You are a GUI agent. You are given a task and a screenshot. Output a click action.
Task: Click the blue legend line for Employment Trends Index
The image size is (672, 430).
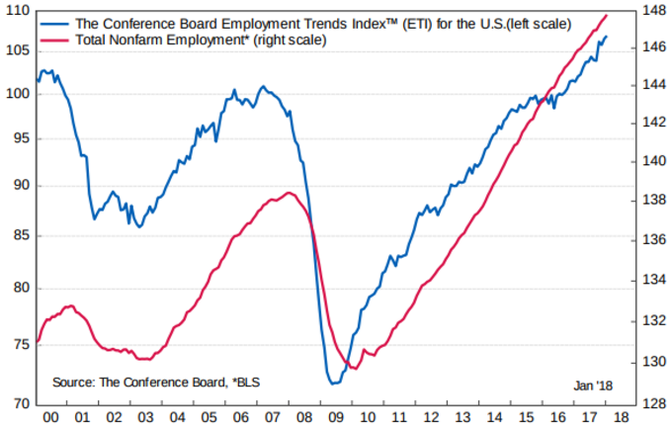[x=56, y=23]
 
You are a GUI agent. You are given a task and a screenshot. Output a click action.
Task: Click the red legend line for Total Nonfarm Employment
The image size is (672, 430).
[x=56, y=41]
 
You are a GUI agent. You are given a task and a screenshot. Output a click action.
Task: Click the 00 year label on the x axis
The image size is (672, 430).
[x=50, y=417]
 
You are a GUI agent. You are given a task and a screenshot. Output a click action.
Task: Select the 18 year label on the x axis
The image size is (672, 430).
[x=620, y=417]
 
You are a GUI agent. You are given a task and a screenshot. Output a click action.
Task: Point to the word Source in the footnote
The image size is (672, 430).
[x=75, y=382]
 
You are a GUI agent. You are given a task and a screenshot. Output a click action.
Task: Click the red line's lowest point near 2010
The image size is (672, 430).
[x=354, y=368]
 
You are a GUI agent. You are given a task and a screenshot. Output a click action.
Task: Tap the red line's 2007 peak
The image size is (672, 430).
[x=288, y=193]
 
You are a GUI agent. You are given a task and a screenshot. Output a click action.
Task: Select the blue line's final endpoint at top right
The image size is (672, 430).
[x=607, y=37]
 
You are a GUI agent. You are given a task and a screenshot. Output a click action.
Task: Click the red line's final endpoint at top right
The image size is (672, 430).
[x=607, y=16]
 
